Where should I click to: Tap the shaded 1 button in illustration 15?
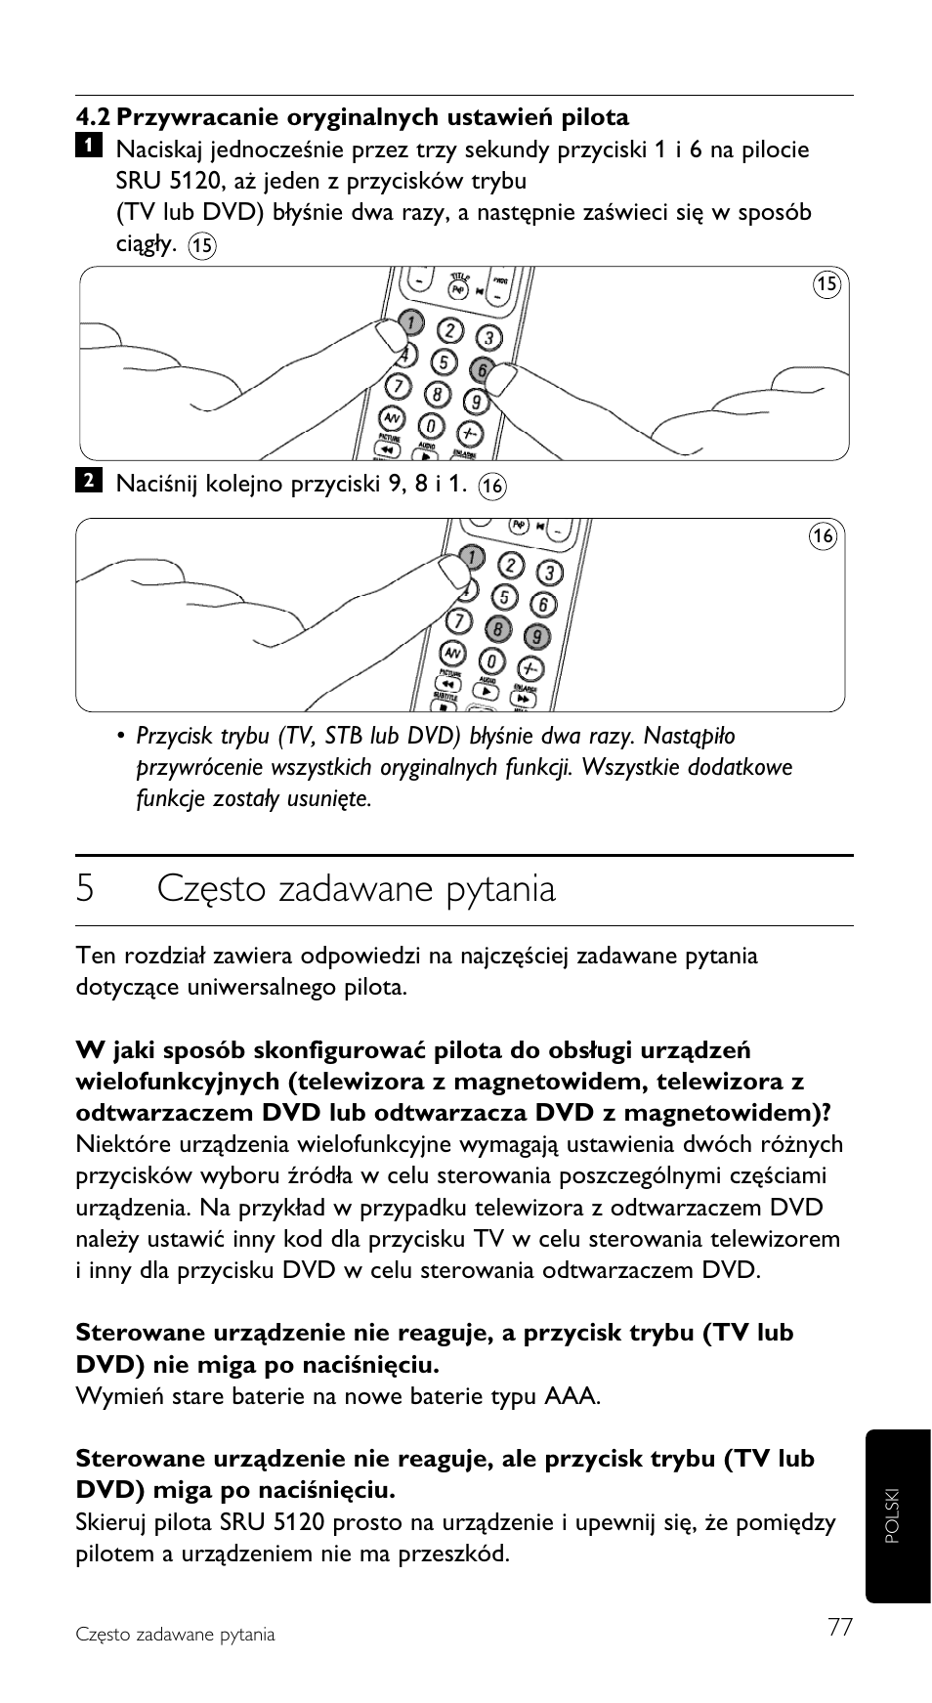click(411, 322)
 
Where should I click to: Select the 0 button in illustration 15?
click(430, 426)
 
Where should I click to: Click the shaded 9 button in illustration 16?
click(535, 636)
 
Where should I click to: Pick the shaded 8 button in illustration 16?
click(499, 628)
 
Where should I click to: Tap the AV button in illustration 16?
click(452, 653)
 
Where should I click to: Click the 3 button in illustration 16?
click(551, 573)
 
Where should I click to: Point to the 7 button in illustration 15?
click(399, 385)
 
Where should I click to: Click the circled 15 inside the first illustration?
click(826, 284)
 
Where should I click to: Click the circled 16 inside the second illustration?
click(823, 535)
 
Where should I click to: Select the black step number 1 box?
click(88, 146)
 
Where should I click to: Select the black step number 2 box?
click(88, 480)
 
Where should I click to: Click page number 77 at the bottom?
click(839, 1627)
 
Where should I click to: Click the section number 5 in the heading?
click(85, 889)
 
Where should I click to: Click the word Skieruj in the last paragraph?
click(110, 1522)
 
